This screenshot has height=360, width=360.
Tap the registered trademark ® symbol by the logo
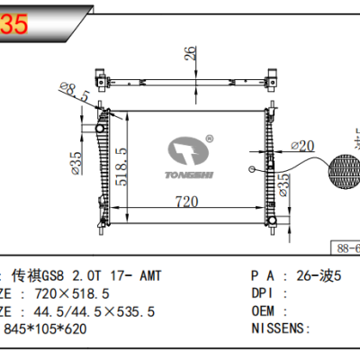(209, 139)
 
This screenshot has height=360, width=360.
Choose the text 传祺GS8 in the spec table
(48, 275)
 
